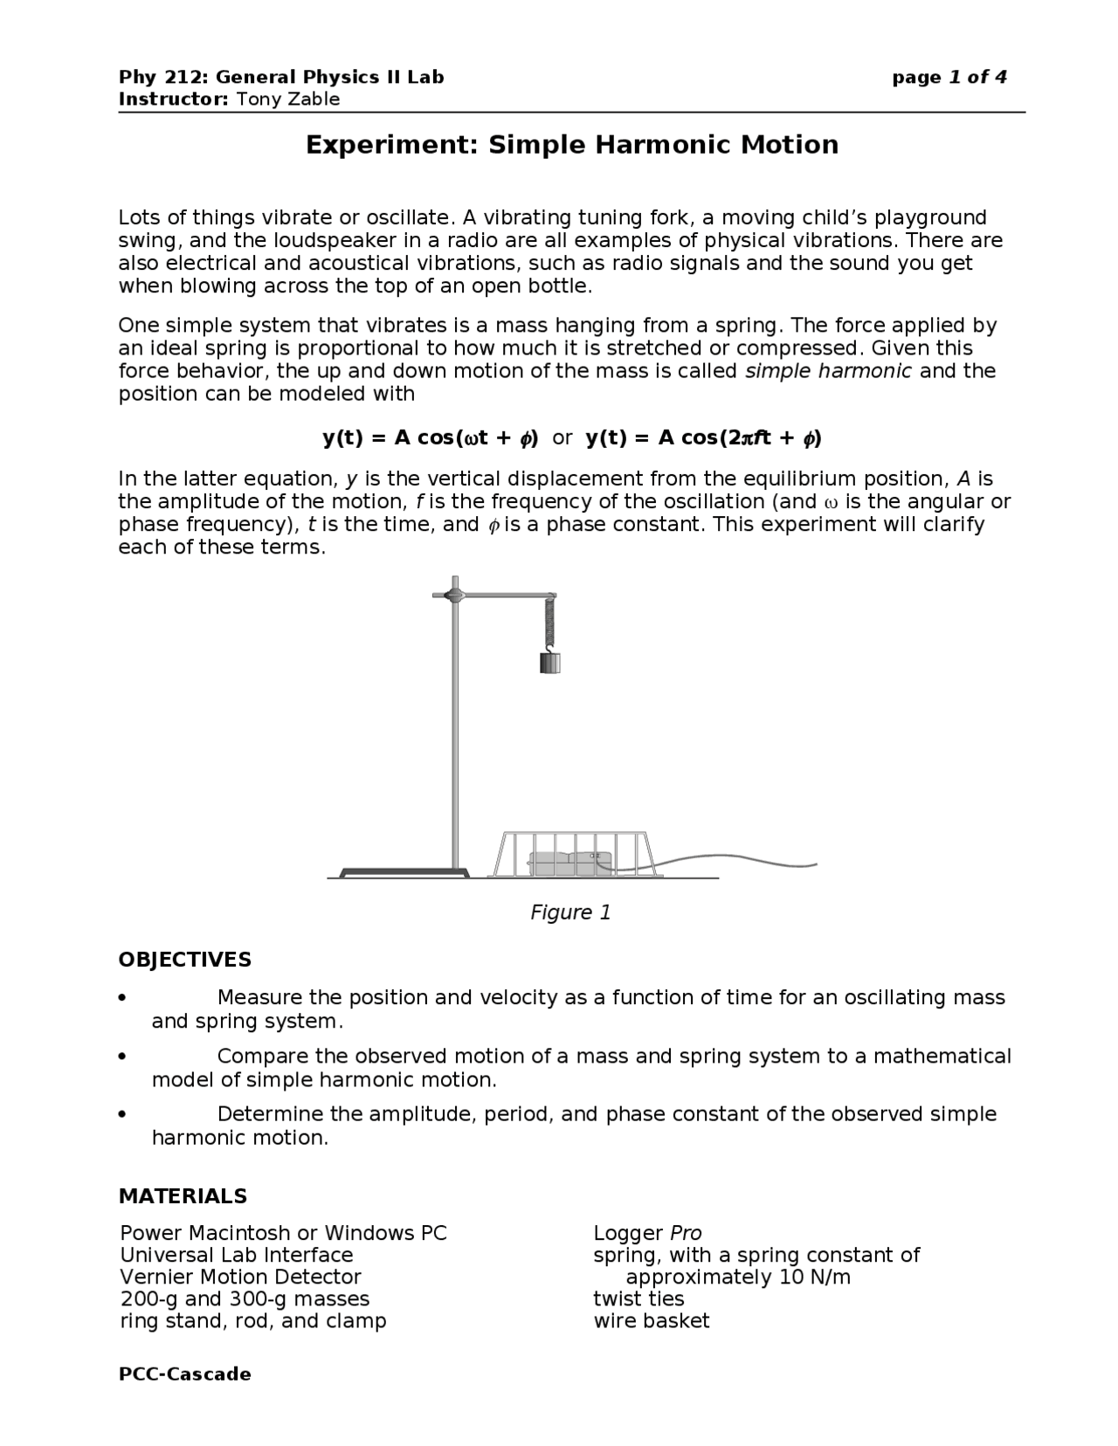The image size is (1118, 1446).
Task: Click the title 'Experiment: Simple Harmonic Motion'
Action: pyautogui.click(x=571, y=145)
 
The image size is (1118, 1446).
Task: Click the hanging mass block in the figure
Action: pyautogui.click(x=549, y=663)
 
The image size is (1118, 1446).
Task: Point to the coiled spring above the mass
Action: pyautogui.click(x=549, y=622)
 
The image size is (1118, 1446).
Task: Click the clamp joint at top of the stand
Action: pyautogui.click(x=454, y=596)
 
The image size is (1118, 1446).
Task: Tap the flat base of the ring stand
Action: pyautogui.click(x=404, y=872)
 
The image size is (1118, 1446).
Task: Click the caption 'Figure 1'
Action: pyautogui.click(x=570, y=912)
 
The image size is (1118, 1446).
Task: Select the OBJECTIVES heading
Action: pyautogui.click(x=184, y=960)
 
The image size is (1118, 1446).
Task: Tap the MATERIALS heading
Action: pyautogui.click(x=183, y=1195)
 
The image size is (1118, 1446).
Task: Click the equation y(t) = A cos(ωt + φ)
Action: pyautogui.click(x=430, y=438)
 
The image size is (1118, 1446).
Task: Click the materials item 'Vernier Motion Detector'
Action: pyautogui.click(x=240, y=1277)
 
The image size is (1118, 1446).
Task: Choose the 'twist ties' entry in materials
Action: pyautogui.click(x=638, y=1298)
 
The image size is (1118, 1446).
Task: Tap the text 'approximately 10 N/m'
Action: pyautogui.click(x=738, y=1277)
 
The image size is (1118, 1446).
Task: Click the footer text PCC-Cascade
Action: pyautogui.click(x=184, y=1374)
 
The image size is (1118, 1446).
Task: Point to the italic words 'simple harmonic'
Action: pyautogui.click(x=827, y=371)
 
